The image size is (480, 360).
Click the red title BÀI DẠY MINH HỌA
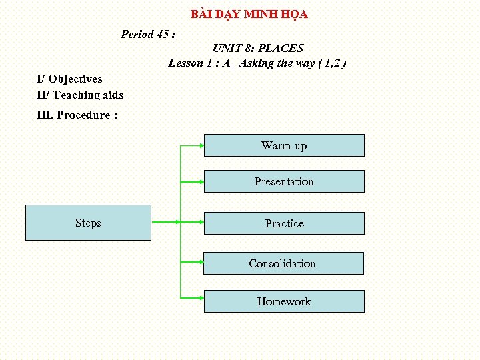point(249,14)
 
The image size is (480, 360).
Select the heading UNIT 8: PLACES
point(257,48)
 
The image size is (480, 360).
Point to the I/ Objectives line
point(69,79)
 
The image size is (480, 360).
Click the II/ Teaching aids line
point(80,95)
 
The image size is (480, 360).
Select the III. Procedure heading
point(77,115)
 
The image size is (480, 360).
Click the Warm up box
point(284,145)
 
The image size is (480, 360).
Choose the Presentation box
point(284,181)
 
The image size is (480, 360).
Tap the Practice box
point(284,223)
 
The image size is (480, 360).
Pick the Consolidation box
point(283,263)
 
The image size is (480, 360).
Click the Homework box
point(284,301)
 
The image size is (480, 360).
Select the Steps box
point(88,223)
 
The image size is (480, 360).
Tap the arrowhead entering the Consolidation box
point(200,263)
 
